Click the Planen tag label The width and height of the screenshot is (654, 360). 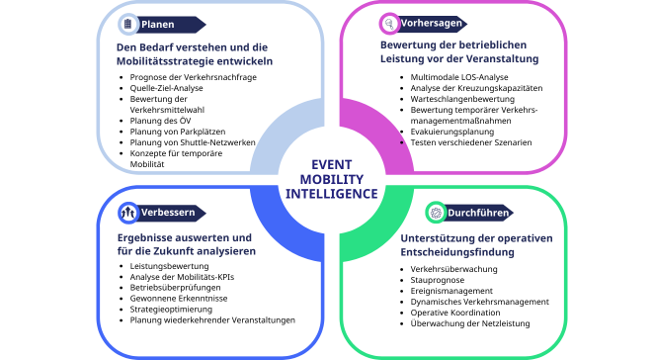(x=158, y=25)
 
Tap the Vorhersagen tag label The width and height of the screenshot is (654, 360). (x=432, y=23)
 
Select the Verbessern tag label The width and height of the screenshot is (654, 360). (x=168, y=213)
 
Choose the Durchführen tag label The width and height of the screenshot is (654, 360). (x=478, y=213)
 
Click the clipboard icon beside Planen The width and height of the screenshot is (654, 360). (x=128, y=24)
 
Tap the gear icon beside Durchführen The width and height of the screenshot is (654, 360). (x=436, y=213)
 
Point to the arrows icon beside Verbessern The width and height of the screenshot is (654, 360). (x=128, y=213)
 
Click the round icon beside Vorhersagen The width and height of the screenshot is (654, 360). (x=389, y=23)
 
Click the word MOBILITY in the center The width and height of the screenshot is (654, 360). (x=332, y=179)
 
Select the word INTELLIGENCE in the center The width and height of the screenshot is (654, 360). (x=332, y=194)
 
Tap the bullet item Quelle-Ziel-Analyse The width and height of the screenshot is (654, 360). (x=166, y=88)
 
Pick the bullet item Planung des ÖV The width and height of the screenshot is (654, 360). (x=160, y=121)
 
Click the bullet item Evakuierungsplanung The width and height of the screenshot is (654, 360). (x=452, y=132)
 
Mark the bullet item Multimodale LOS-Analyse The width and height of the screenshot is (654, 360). (x=459, y=77)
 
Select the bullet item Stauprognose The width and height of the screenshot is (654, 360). (x=437, y=280)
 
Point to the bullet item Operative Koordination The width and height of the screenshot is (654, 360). (x=455, y=313)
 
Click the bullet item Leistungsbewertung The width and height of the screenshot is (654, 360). (x=169, y=266)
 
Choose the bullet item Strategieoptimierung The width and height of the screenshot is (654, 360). (x=171, y=310)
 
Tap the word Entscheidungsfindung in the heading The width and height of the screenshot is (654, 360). (x=457, y=252)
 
